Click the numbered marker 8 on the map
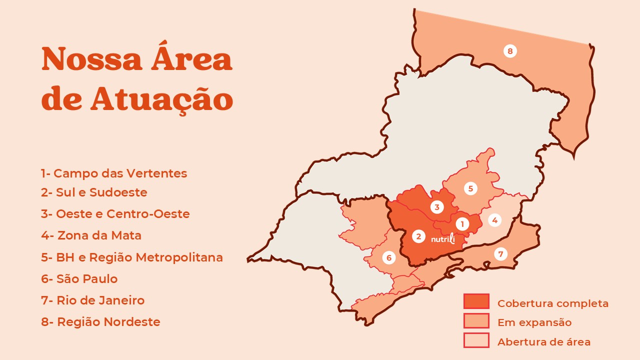510,51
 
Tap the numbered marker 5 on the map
470,188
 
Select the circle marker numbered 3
437,207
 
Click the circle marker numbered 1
462,224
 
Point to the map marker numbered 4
494,220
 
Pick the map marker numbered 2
418,236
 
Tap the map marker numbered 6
388,258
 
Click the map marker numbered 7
500,254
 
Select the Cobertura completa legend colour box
476,301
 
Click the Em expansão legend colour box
476,321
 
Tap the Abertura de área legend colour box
476,340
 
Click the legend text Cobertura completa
552,303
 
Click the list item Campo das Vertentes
114,173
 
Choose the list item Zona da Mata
91,235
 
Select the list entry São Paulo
79,278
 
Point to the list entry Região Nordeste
100,321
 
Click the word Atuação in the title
162,99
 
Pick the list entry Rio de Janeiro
93,300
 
